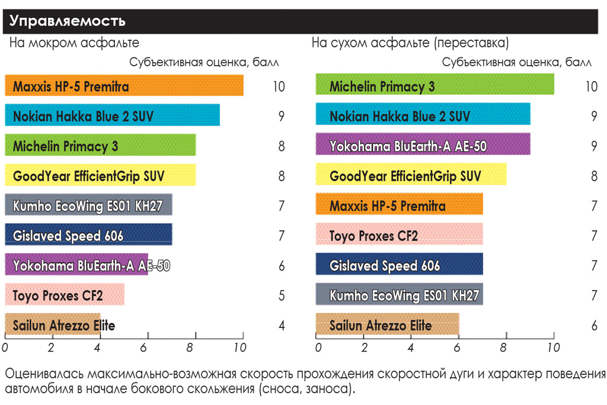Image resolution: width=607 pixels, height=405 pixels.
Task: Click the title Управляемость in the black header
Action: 68,21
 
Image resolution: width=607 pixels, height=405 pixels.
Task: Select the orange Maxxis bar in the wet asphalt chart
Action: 124,86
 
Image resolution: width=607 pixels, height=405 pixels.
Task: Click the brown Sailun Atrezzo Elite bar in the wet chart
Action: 53,325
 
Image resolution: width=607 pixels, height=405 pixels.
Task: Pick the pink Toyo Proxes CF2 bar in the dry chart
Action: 399,236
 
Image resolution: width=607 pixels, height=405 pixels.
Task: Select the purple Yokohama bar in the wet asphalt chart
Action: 76,265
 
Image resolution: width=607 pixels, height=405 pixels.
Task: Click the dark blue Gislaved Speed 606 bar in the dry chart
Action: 399,265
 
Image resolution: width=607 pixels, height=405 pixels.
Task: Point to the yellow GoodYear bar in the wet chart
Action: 100,176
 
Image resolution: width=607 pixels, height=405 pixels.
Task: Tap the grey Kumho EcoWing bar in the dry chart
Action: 399,295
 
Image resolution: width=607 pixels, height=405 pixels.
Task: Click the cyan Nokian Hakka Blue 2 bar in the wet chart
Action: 113,116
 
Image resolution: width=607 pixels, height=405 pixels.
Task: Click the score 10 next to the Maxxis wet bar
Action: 279,87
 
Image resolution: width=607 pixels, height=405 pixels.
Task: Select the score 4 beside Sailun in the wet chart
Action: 282,326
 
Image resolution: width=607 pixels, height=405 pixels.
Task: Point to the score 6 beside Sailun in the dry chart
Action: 594,326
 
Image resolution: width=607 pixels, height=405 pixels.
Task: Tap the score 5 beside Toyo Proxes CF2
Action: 282,295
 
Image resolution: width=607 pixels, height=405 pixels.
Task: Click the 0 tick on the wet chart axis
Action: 5,348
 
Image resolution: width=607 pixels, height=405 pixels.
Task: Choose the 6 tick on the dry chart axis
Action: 458,348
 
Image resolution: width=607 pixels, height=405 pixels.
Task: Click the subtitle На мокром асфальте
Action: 74,43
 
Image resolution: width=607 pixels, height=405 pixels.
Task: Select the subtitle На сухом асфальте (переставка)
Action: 410,43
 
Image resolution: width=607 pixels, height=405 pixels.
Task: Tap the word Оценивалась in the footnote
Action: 44,375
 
